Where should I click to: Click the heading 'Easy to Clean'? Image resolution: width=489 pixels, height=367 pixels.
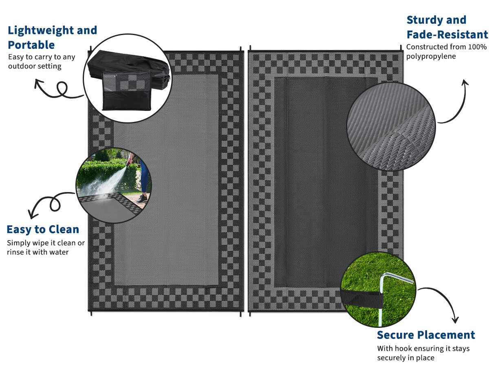click(x=43, y=229)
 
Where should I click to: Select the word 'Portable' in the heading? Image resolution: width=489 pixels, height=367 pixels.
click(x=31, y=45)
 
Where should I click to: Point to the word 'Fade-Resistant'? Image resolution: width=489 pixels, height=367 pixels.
click(x=447, y=35)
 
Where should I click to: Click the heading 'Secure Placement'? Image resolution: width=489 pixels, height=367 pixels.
click(x=426, y=335)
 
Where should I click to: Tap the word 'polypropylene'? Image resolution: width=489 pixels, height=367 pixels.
click(x=431, y=57)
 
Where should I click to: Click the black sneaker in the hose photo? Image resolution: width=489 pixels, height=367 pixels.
click(x=142, y=199)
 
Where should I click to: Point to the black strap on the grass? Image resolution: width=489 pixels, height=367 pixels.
click(x=362, y=298)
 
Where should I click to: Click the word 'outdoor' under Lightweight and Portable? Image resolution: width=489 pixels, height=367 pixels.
click(x=21, y=66)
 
